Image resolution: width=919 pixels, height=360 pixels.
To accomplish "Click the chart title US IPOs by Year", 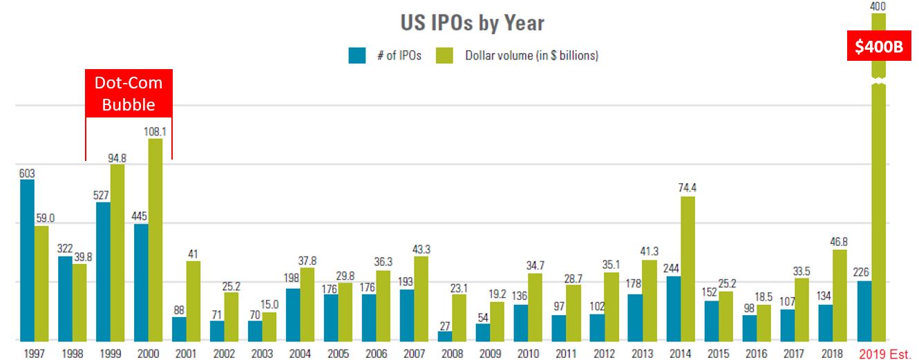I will (472, 22).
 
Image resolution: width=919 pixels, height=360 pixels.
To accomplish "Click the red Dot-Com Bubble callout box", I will (129, 93).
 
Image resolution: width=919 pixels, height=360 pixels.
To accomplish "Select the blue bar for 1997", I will (27, 260).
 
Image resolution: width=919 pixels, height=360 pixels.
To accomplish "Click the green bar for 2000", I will (156, 239).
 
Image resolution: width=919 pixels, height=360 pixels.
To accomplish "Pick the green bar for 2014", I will (688, 268).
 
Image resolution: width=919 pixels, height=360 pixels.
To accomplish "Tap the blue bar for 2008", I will (445, 336).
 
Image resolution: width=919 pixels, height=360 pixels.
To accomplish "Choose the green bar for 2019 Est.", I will (878, 207).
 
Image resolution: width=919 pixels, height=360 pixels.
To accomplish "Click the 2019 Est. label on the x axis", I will (885, 354).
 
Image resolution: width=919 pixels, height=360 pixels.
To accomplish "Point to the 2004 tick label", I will (301, 354).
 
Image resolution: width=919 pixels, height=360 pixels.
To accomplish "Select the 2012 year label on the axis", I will (605, 354).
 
